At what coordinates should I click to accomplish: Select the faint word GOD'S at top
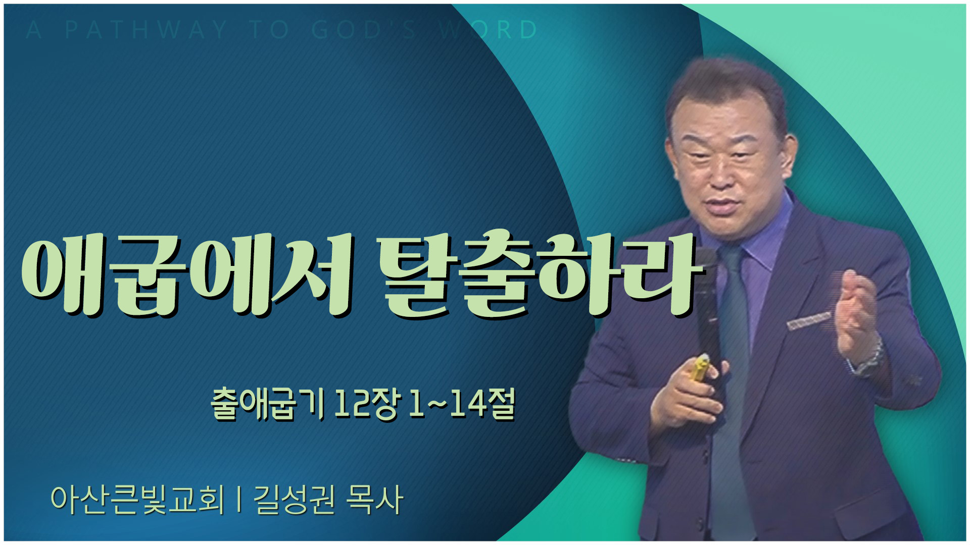364,30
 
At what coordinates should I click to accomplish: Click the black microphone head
705,262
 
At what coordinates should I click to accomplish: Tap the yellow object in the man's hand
700,369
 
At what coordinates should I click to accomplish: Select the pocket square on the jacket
808,320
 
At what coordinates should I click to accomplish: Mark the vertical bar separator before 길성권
238,501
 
